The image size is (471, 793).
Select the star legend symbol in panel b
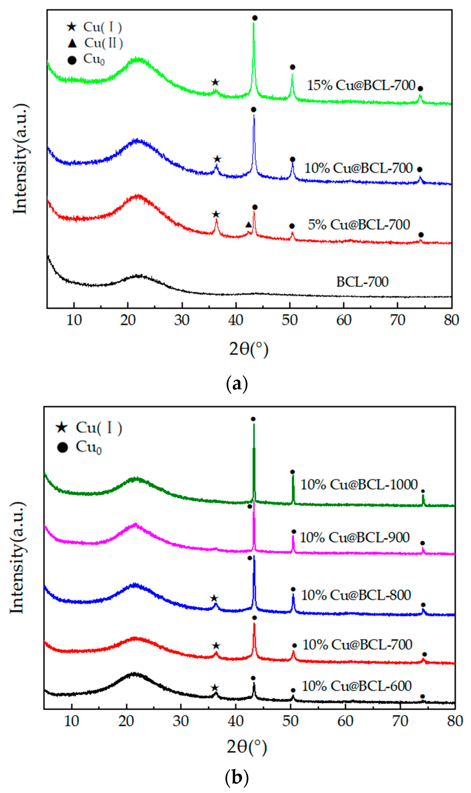62,428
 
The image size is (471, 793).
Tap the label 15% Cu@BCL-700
361,85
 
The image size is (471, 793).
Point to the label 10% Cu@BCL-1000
359,484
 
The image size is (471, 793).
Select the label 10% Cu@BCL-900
354,537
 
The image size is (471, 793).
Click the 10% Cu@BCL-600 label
357,686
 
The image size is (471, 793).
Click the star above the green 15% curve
215,83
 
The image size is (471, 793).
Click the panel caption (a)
237,384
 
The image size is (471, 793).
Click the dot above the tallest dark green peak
253,419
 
